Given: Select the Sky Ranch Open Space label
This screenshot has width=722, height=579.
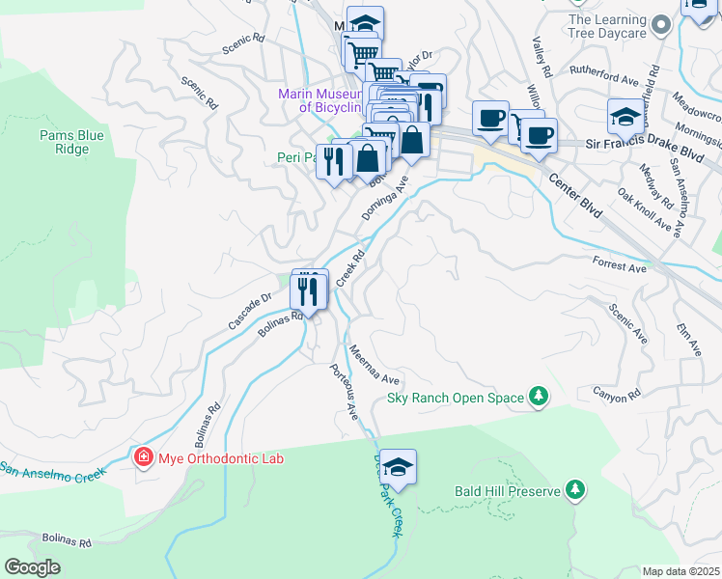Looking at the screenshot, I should point(455,397).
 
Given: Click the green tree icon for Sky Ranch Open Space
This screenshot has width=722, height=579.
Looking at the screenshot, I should point(538,397).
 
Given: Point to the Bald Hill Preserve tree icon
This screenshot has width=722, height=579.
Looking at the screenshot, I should point(575,491).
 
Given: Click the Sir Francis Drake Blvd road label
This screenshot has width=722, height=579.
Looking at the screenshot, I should point(653,143).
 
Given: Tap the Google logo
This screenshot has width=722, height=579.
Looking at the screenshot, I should point(33,567).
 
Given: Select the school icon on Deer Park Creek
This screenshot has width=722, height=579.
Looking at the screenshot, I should point(398,467).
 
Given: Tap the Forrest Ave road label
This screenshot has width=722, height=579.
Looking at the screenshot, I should point(620,262).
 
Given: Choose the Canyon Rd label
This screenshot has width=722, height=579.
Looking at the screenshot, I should point(617,395).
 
